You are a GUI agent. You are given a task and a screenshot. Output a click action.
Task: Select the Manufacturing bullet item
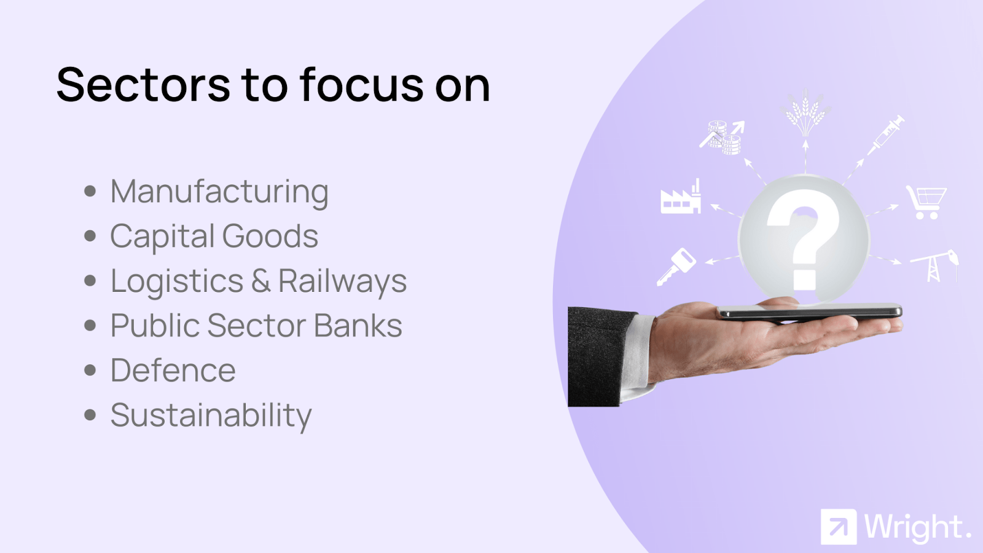[219, 192]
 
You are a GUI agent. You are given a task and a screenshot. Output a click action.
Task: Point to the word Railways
[343, 281]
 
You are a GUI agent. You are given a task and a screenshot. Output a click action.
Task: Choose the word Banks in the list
[358, 325]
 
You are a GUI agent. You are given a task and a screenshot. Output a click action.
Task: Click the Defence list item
[173, 371]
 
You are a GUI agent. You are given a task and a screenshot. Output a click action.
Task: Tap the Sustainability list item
[211, 415]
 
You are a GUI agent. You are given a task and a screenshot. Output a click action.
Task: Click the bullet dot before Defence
[90, 370]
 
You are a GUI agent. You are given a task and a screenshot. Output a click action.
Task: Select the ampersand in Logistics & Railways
[260, 281]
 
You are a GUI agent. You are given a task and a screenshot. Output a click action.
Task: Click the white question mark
[804, 240]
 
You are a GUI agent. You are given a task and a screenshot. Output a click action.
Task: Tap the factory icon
[681, 197]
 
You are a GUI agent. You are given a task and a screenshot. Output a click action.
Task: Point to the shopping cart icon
[926, 202]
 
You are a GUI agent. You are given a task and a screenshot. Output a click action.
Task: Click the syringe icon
[885, 136]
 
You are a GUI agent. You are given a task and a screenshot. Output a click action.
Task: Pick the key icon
[676, 267]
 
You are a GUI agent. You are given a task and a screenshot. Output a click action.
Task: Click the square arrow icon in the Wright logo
[839, 527]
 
